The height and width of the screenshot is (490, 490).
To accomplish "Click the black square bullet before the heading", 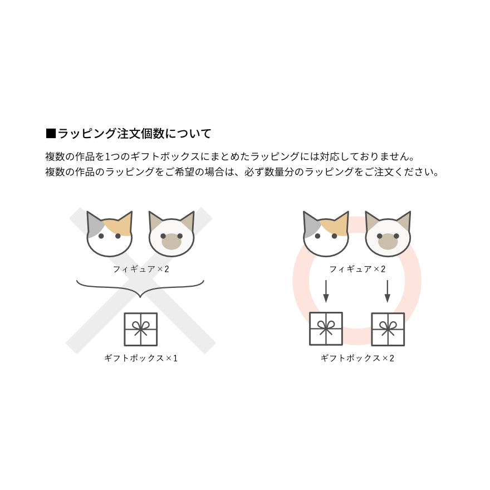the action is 51,134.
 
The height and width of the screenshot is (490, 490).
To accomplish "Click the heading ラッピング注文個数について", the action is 135,134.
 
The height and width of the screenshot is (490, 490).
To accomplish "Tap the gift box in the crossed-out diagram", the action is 141,330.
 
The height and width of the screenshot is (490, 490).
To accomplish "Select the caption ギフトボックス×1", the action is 141,358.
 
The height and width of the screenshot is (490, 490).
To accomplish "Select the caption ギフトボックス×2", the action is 357,358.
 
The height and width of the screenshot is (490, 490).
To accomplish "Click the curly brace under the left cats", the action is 140,288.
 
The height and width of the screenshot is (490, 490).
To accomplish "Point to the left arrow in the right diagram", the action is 326,291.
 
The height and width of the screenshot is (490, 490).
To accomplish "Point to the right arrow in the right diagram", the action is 388,291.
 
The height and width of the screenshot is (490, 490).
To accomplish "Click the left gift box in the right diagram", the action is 326,329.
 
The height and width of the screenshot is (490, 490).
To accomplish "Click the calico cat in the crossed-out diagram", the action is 109,234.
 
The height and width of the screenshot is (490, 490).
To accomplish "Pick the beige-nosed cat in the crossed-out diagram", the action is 171,234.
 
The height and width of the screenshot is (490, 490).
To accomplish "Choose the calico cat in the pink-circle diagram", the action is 326,234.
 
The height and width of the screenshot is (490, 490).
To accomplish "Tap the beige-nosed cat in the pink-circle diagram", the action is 388,234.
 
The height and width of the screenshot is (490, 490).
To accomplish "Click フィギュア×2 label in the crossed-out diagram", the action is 141,269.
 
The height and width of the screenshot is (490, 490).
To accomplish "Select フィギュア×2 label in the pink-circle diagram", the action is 357,269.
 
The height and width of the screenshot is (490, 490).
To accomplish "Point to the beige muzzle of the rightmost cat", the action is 388,242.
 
